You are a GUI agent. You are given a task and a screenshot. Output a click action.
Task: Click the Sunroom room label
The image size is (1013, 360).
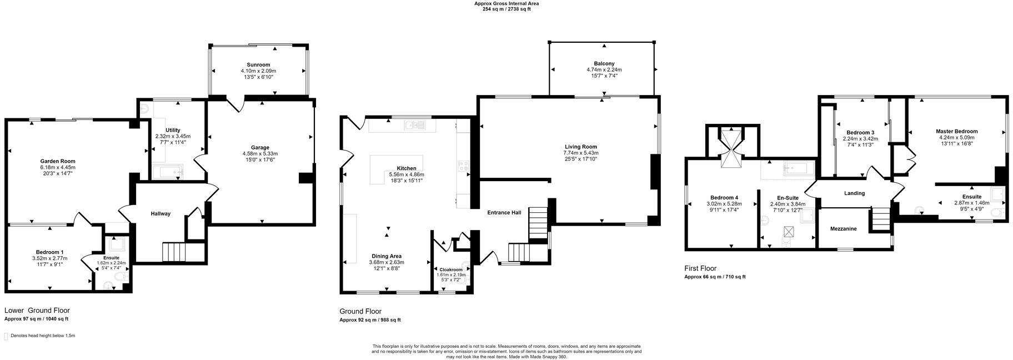click(258, 65)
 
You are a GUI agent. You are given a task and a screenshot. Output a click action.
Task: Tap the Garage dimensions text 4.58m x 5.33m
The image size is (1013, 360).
click(260, 154)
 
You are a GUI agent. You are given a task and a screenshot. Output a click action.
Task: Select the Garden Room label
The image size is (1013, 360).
click(57, 161)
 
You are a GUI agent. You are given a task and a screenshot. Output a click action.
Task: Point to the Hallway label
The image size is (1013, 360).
click(161, 214)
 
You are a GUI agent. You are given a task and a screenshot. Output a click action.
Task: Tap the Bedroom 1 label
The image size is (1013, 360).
click(49, 252)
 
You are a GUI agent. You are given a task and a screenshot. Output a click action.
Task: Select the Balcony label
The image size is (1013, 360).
click(604, 64)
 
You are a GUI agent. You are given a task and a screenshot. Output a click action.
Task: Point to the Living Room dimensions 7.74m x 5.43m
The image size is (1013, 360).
click(580, 153)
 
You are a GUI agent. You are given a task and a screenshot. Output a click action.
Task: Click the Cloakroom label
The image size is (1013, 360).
click(451, 269)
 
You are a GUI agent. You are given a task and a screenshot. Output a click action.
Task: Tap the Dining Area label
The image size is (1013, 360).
click(387, 256)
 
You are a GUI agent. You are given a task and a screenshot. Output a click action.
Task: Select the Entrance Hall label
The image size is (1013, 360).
click(504, 213)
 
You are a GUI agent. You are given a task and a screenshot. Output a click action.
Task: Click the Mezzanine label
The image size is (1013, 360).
click(843, 229)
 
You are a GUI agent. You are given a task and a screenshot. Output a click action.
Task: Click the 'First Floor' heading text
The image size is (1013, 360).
click(700, 268)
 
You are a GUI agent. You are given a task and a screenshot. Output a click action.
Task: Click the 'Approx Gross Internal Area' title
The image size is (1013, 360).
click(506, 3)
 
